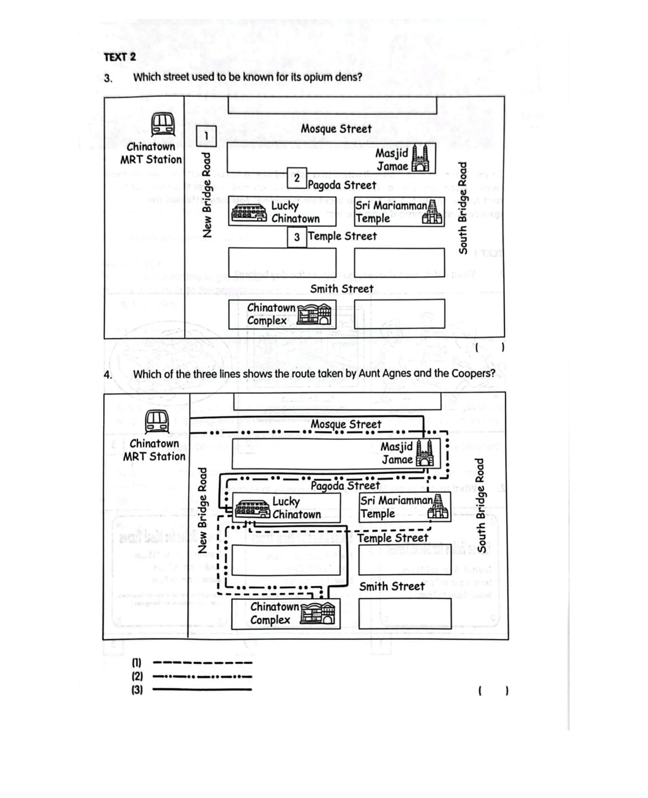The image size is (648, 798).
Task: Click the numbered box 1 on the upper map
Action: point(206,135)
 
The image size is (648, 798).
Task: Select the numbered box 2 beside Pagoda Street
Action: point(297,178)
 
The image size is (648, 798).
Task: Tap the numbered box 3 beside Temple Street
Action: point(297,237)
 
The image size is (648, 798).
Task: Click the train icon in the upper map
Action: point(163,125)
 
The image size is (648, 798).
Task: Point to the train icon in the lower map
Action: point(156,421)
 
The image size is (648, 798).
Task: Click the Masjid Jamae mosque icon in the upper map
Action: point(420,158)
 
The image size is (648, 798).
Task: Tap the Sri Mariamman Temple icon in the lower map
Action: point(438,506)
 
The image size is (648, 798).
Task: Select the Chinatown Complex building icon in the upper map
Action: point(314,314)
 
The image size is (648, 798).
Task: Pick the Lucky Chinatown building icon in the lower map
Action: point(252,509)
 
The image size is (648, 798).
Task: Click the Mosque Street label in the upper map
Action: point(336,129)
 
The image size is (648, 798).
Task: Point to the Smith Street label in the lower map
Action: point(392,587)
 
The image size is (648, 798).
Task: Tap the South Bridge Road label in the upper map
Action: point(463,208)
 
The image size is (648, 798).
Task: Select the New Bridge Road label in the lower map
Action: point(202,511)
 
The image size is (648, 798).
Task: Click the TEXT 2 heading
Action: point(120,57)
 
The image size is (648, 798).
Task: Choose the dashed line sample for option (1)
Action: point(202,663)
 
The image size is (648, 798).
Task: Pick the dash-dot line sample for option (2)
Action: point(202,676)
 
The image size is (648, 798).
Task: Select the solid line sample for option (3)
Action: point(202,689)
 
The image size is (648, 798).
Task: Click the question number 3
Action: point(108,78)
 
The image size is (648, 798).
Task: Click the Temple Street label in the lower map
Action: point(392,538)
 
